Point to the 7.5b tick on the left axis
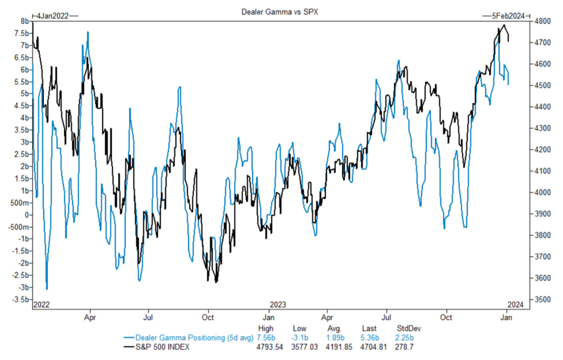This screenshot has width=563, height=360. click(21, 34)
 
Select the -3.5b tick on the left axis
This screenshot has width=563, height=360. click(21, 300)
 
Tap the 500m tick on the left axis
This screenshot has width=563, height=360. click(21, 203)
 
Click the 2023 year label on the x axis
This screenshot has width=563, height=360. click(277, 305)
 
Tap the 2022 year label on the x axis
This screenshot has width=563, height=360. click(42, 305)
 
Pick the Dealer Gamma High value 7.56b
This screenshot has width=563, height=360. click(266, 337)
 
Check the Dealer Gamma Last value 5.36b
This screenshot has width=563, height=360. click(370, 337)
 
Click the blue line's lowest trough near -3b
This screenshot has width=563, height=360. click(47, 289)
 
